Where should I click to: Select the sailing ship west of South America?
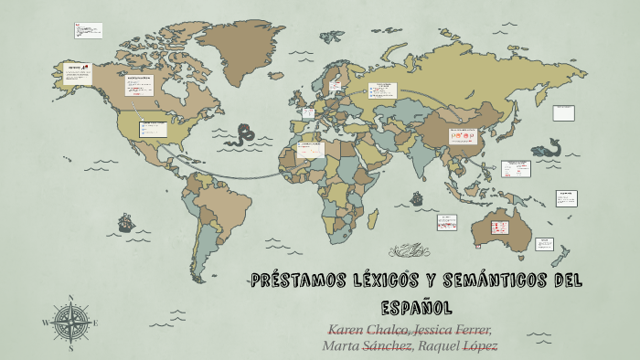tap(124, 222)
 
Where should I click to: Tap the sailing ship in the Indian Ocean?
tap(416, 197)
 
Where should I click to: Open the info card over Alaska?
tap(73, 72)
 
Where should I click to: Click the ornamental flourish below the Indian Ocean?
tap(408, 249)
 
